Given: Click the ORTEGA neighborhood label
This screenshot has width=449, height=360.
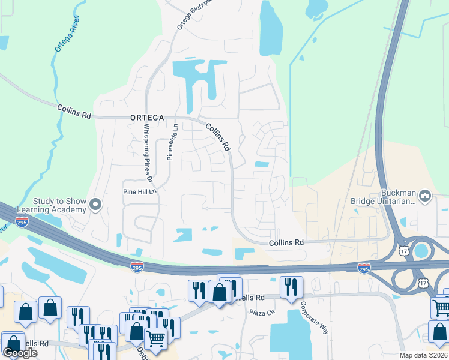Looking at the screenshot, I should tap(147, 118).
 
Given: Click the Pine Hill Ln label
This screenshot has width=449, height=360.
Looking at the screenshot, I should tap(139, 192).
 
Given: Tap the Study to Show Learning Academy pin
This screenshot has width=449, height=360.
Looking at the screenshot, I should tap(95, 206).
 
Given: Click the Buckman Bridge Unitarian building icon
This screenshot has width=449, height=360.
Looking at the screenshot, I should tap(425, 196).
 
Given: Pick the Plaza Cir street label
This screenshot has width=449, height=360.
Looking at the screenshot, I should tap(262, 312).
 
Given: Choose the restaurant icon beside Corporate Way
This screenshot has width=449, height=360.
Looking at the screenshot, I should tap(291, 287).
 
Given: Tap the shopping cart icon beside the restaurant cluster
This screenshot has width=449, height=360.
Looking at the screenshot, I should tap(156, 338).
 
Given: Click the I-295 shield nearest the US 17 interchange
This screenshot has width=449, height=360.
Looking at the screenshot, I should tap(364, 268).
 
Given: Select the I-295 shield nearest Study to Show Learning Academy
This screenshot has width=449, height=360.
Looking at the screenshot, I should tap(22, 222).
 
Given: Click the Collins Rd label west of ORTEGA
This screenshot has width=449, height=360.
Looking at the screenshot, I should tap(74, 111).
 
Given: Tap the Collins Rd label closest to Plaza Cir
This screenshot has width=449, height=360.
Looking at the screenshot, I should tap(286, 242).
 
